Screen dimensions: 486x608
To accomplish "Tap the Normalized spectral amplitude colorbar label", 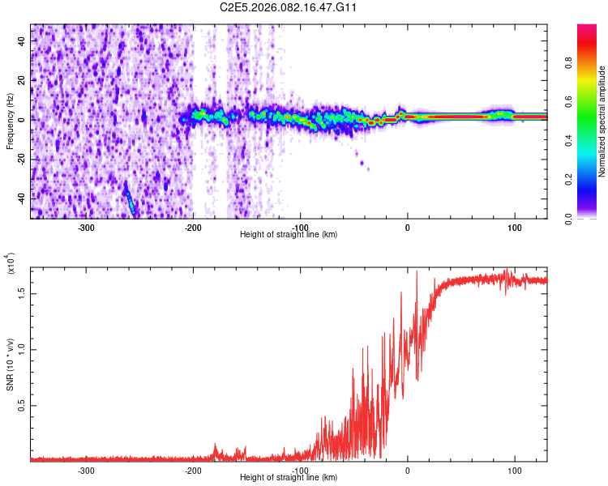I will click(602, 122).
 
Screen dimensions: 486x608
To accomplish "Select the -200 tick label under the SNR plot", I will click(193, 470).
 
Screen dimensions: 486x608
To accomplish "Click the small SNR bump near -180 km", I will click(216, 447).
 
